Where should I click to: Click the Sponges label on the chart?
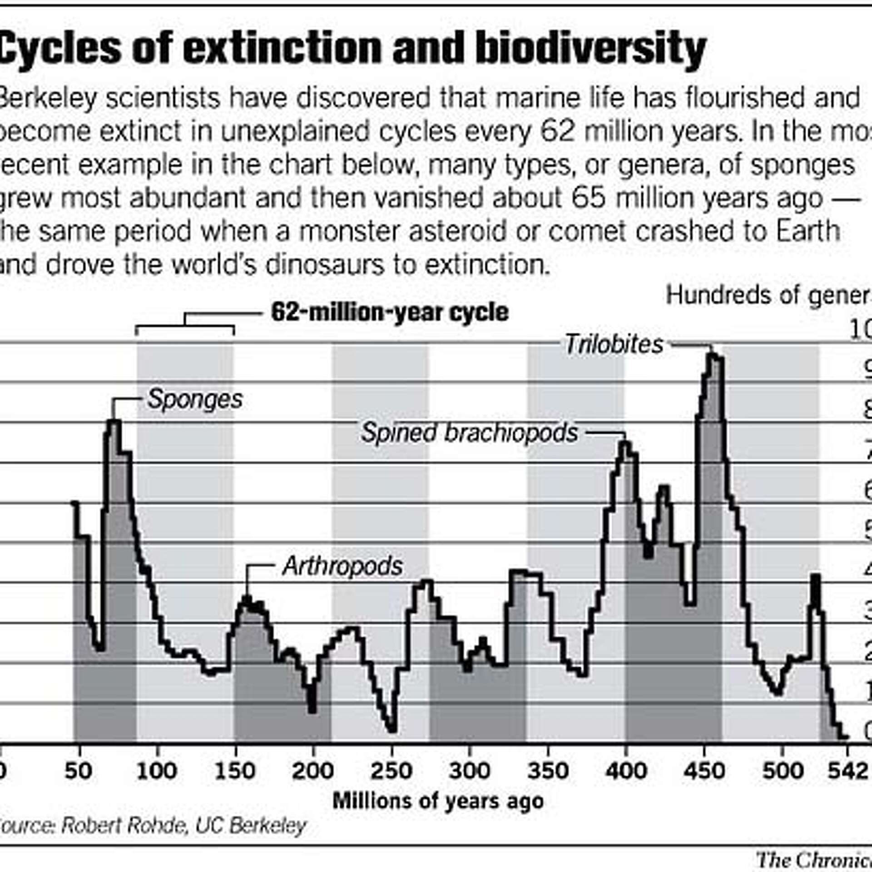[195, 400]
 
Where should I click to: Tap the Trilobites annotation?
[614, 344]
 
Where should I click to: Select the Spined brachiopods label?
[469, 432]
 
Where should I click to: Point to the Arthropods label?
[342, 566]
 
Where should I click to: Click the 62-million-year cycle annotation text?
[389, 312]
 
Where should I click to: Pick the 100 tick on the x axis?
[156, 771]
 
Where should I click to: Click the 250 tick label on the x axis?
[391, 771]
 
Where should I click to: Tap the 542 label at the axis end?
[847, 771]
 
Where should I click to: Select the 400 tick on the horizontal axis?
[626, 771]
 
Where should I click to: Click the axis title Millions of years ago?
[438, 801]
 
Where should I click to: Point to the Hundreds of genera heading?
[768, 296]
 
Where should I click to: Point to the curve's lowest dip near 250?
[392, 730]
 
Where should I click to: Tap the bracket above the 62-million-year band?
[185, 326]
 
